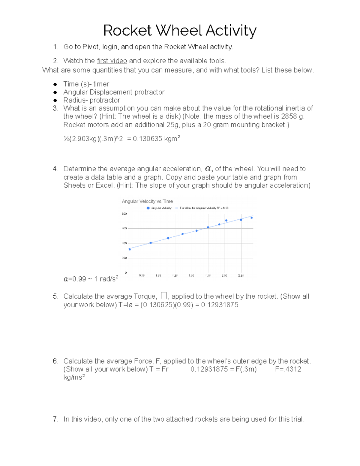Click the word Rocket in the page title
click(127, 31)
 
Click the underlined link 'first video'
click(112, 61)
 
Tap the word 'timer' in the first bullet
click(101, 84)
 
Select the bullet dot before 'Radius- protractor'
click(55, 101)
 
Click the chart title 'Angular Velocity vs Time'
click(147, 201)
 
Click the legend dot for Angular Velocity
click(148, 208)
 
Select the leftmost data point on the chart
click(130, 249)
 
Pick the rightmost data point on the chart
click(251, 218)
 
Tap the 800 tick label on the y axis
click(124, 214)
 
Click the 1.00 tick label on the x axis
click(158, 275)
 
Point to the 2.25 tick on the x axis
click(241, 275)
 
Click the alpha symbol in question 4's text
click(208, 168)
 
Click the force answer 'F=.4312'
click(288, 369)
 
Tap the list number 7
click(55, 419)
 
